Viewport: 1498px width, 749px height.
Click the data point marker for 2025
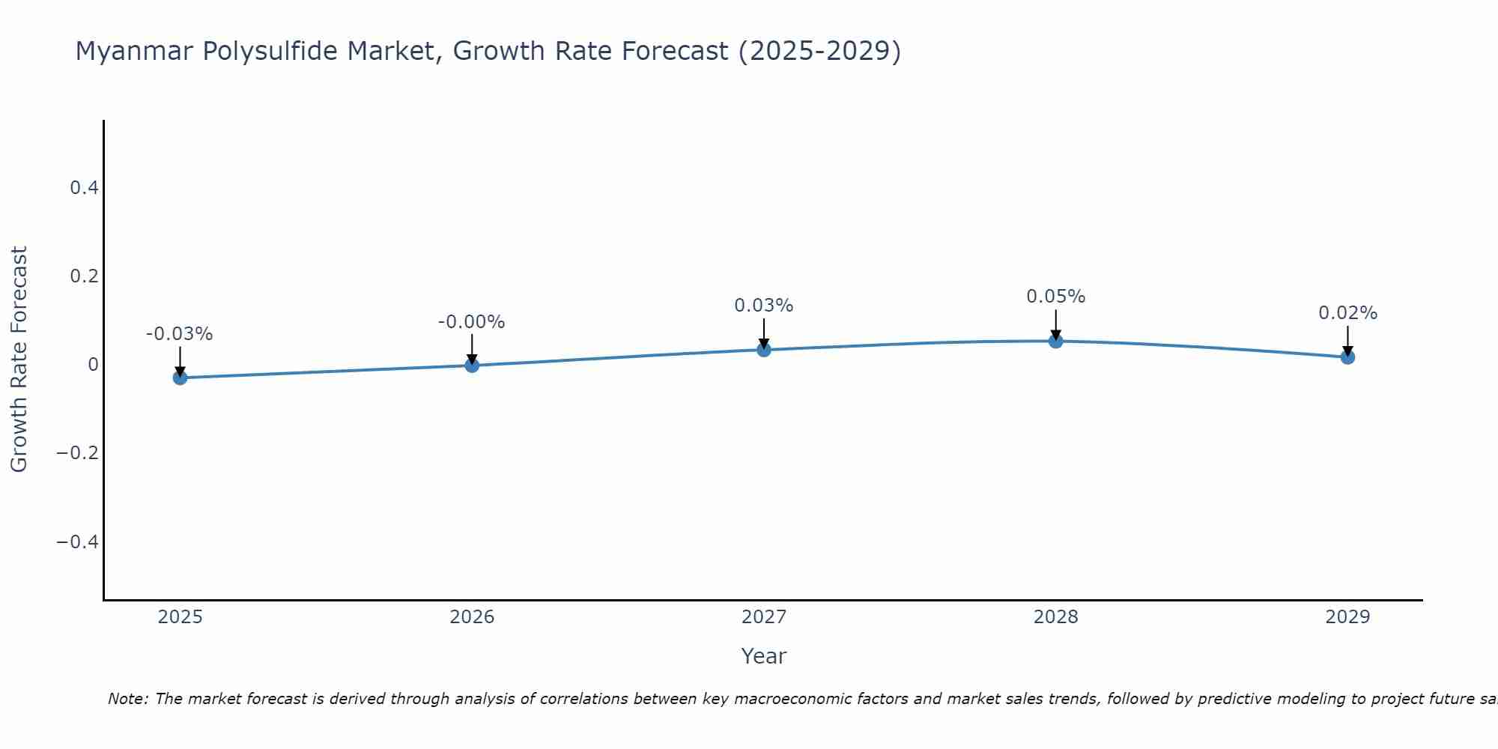coord(180,377)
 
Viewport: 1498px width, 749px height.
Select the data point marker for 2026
coord(472,365)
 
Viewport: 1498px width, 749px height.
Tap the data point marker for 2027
coord(764,349)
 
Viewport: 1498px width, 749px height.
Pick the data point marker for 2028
coord(1055,341)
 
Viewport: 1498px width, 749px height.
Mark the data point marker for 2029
coord(1347,357)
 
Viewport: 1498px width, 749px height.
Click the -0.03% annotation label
coord(179,334)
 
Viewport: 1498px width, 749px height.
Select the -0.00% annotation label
coord(471,322)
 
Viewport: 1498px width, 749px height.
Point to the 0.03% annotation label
coord(763,306)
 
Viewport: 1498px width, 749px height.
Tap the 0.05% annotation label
coord(1055,297)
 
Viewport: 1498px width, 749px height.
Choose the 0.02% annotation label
coord(1347,313)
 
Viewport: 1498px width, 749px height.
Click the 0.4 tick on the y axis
coord(84,188)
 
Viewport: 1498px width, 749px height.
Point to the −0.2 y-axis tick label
coord(77,453)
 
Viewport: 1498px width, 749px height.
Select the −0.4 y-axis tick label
coord(77,542)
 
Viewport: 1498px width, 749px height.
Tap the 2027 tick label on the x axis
coord(763,617)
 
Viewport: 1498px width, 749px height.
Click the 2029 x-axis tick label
coord(1347,617)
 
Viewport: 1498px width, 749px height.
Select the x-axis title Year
coord(763,656)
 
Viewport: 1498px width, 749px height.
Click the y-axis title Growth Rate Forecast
coord(19,360)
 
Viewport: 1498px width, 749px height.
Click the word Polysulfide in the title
coord(318,51)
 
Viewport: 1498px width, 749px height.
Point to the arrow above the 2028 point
coord(1055,324)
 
